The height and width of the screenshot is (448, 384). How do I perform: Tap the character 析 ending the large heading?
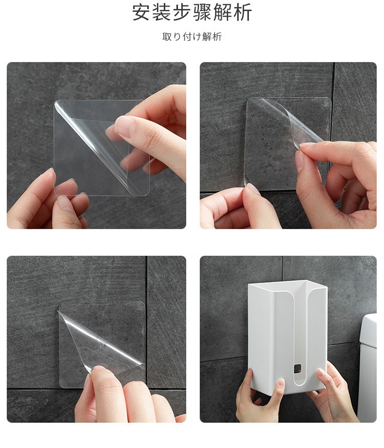243,13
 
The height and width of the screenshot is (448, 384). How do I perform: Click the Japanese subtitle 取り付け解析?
192,37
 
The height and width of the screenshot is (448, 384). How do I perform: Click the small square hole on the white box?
297,369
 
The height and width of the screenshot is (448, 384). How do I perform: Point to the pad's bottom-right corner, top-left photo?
149,195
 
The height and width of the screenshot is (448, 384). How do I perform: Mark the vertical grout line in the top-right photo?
334,103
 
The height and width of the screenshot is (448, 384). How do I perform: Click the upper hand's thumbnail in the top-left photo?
124,126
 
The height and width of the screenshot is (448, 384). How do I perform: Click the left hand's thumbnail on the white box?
281,384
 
